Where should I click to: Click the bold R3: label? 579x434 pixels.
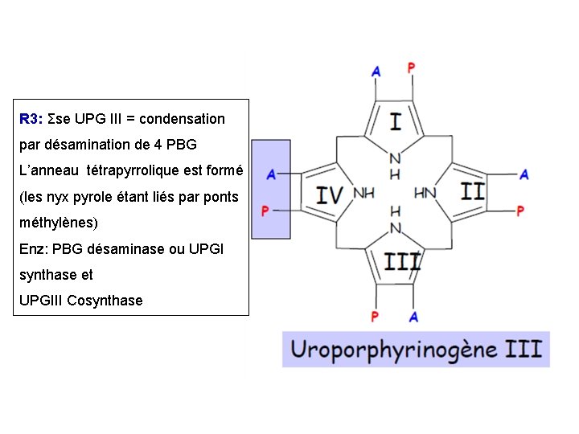(x=31, y=119)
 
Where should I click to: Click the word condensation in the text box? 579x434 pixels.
(x=182, y=119)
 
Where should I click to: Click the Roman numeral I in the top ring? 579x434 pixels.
(x=395, y=122)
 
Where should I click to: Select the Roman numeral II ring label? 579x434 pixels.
(x=473, y=191)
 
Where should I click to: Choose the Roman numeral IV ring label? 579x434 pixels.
(x=329, y=194)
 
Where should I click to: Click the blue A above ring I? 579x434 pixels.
(x=376, y=72)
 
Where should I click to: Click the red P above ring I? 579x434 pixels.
(x=411, y=68)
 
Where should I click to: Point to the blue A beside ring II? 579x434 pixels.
(x=524, y=174)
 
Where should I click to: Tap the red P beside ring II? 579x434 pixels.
(x=520, y=211)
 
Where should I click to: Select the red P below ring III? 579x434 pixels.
(x=375, y=317)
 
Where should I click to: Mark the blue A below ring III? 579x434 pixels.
(x=413, y=317)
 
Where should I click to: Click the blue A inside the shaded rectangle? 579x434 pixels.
(x=271, y=174)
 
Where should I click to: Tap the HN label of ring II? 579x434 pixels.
(x=425, y=193)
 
